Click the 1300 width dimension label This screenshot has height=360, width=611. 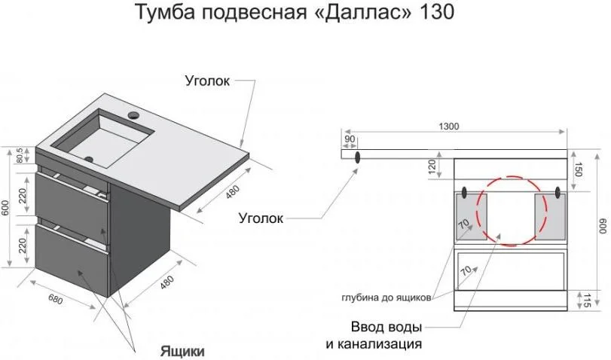[449, 127]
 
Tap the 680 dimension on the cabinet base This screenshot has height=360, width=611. [55, 299]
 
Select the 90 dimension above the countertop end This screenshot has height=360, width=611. [350, 139]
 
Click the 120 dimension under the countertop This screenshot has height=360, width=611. [432, 166]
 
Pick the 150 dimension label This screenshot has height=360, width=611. [578, 169]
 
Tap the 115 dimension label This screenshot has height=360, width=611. [586, 300]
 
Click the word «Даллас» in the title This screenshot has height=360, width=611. [362, 12]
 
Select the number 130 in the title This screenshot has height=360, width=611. [437, 12]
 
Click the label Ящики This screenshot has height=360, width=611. [182, 351]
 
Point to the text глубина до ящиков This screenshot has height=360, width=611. [386, 297]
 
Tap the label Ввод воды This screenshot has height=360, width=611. [386, 327]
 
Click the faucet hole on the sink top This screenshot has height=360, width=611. [134, 115]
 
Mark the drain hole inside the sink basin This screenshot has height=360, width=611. [89, 159]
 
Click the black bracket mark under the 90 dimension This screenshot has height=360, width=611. [357, 157]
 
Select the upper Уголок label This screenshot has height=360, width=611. [207, 81]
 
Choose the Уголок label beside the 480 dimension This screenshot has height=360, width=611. [261, 218]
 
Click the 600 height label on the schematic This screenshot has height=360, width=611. [603, 226]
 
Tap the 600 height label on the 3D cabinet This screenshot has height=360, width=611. [5, 209]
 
